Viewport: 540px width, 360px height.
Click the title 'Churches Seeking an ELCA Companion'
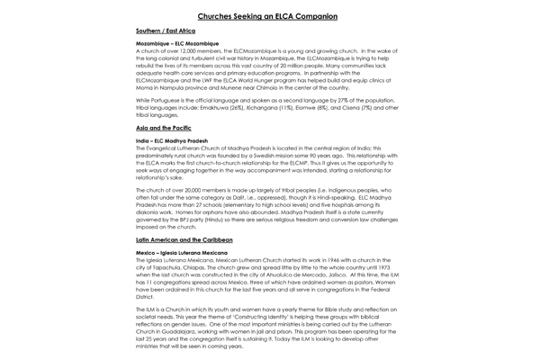[x=270, y=15]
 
